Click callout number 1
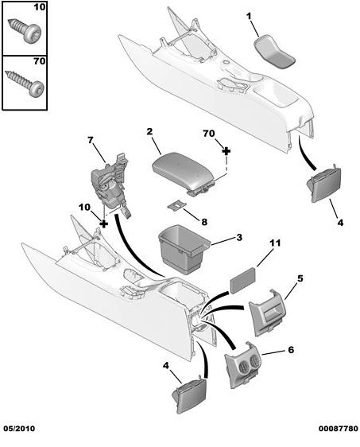click(247, 16)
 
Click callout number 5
click(300, 278)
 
